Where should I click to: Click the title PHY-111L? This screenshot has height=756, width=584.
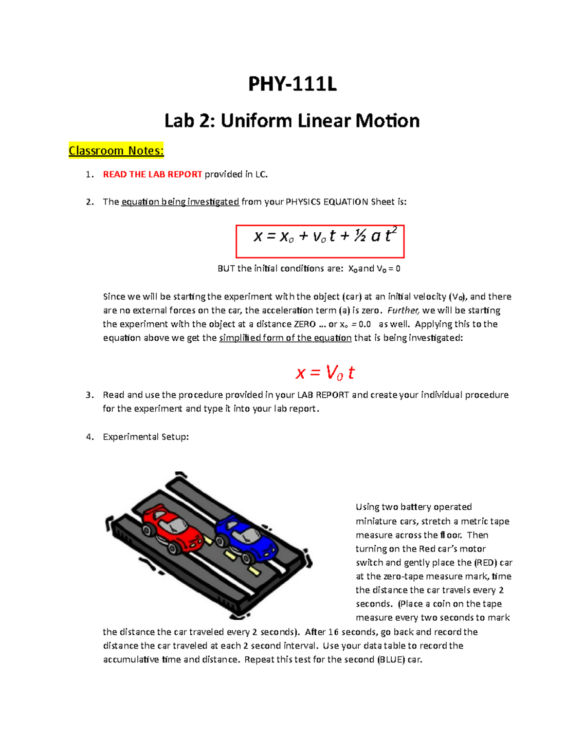(x=292, y=84)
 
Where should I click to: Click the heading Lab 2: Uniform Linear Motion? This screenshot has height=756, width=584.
(x=292, y=121)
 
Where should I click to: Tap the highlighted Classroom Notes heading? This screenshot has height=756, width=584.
(x=116, y=151)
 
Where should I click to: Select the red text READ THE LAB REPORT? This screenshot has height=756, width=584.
(x=152, y=174)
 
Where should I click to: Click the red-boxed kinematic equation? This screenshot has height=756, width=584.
(x=320, y=241)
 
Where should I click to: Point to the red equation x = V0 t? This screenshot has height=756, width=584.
(x=325, y=373)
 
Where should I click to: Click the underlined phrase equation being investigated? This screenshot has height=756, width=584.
(x=180, y=202)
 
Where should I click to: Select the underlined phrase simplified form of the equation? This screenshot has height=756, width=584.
(x=285, y=338)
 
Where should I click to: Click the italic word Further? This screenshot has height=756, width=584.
(x=403, y=311)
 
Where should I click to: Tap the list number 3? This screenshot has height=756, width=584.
(x=89, y=395)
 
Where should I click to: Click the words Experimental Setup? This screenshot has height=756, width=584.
(x=146, y=437)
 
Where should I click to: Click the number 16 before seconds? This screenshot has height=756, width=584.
(x=333, y=632)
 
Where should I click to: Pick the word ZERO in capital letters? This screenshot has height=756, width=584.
(x=305, y=324)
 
